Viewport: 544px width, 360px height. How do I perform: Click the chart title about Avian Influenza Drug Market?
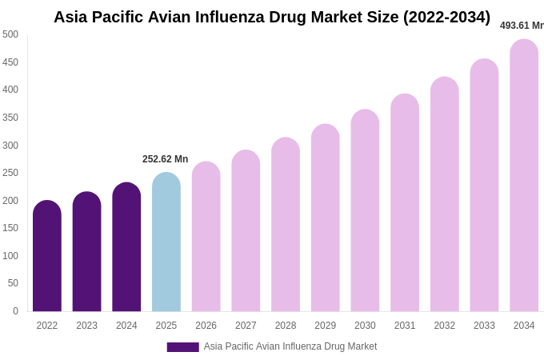tap(272, 17)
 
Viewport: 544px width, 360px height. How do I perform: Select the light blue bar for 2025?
tap(166, 244)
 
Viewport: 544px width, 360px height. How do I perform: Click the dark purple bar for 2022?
tap(47, 258)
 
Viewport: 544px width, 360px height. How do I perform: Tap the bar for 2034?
tap(524, 176)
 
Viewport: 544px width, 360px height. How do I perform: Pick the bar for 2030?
tap(365, 212)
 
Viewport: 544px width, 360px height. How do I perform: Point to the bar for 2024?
tap(126, 248)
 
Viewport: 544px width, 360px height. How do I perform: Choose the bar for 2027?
tap(246, 232)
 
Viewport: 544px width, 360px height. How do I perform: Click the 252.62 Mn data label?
tap(165, 159)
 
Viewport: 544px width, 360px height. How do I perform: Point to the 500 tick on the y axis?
tap(10, 34)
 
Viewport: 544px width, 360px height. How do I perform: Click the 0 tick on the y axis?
tap(15, 311)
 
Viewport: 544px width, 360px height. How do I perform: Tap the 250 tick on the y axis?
tap(10, 173)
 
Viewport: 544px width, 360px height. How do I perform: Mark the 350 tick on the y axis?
tap(10, 118)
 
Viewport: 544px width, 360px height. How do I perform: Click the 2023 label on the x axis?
tap(86, 326)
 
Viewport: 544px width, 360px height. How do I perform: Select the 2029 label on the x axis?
tap(325, 326)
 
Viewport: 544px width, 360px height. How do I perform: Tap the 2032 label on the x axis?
tap(444, 326)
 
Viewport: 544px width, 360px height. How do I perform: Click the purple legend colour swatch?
tap(182, 347)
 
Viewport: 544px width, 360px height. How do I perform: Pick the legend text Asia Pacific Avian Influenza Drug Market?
tap(290, 346)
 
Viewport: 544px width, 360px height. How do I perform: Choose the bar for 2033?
tap(484, 186)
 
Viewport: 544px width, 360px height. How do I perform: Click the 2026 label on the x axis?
tap(206, 326)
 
